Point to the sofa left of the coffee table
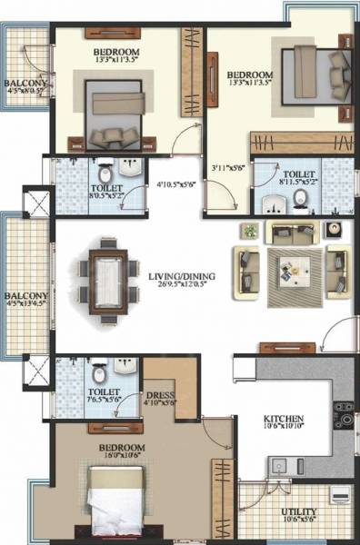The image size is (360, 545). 246,271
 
